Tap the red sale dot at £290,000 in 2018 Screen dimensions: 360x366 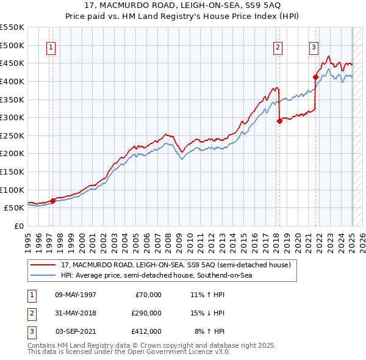click(280, 121)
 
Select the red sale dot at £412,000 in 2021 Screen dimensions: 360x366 click(315, 77)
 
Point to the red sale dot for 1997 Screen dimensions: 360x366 click(53, 200)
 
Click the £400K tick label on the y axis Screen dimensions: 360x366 click(12, 81)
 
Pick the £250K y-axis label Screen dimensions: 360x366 click(12, 135)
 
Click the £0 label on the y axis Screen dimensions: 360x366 click(18, 226)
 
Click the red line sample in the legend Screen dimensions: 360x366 click(43, 265)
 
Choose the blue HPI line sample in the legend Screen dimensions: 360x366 click(43, 276)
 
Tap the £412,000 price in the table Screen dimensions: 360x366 click(146, 331)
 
